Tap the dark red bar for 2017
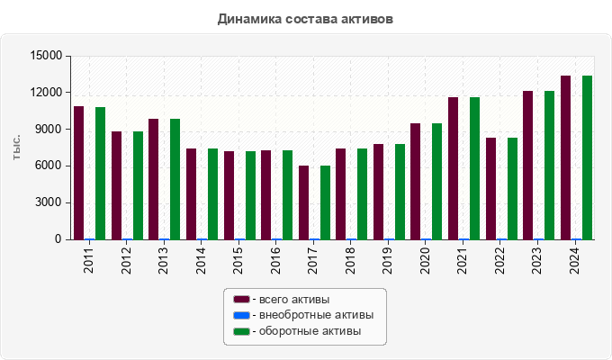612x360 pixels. pyautogui.click(x=304, y=202)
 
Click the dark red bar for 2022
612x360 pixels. pyautogui.click(x=490, y=188)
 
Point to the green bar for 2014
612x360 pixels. pyautogui.click(x=212, y=193)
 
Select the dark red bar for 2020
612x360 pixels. pyautogui.click(x=416, y=181)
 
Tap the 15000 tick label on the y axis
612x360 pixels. pyautogui.click(x=46, y=56)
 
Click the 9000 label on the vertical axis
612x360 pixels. pyautogui.click(x=49, y=130)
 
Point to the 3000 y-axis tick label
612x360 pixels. pyautogui.click(x=49, y=202)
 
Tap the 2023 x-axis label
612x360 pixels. pyautogui.click(x=537, y=259)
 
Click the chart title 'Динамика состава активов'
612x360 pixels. pyautogui.click(x=305, y=18)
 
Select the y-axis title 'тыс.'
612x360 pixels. pyautogui.click(x=17, y=148)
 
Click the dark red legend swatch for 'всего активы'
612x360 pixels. pyautogui.click(x=240, y=299)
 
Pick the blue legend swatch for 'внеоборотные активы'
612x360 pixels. pyautogui.click(x=240, y=315)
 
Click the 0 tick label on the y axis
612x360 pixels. pyautogui.click(x=58, y=239)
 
